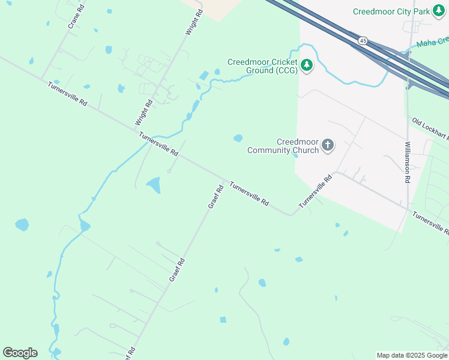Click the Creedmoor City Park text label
(393, 11)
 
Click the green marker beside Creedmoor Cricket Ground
(307, 65)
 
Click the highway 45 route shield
(363, 40)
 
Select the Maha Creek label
(433, 43)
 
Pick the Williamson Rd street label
(407, 162)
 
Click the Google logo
(20, 353)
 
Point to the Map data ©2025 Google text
(412, 355)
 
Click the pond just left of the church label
(238, 139)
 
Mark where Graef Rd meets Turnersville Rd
(225, 179)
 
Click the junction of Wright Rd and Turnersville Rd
(136, 128)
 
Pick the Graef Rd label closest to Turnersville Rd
(215, 196)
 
